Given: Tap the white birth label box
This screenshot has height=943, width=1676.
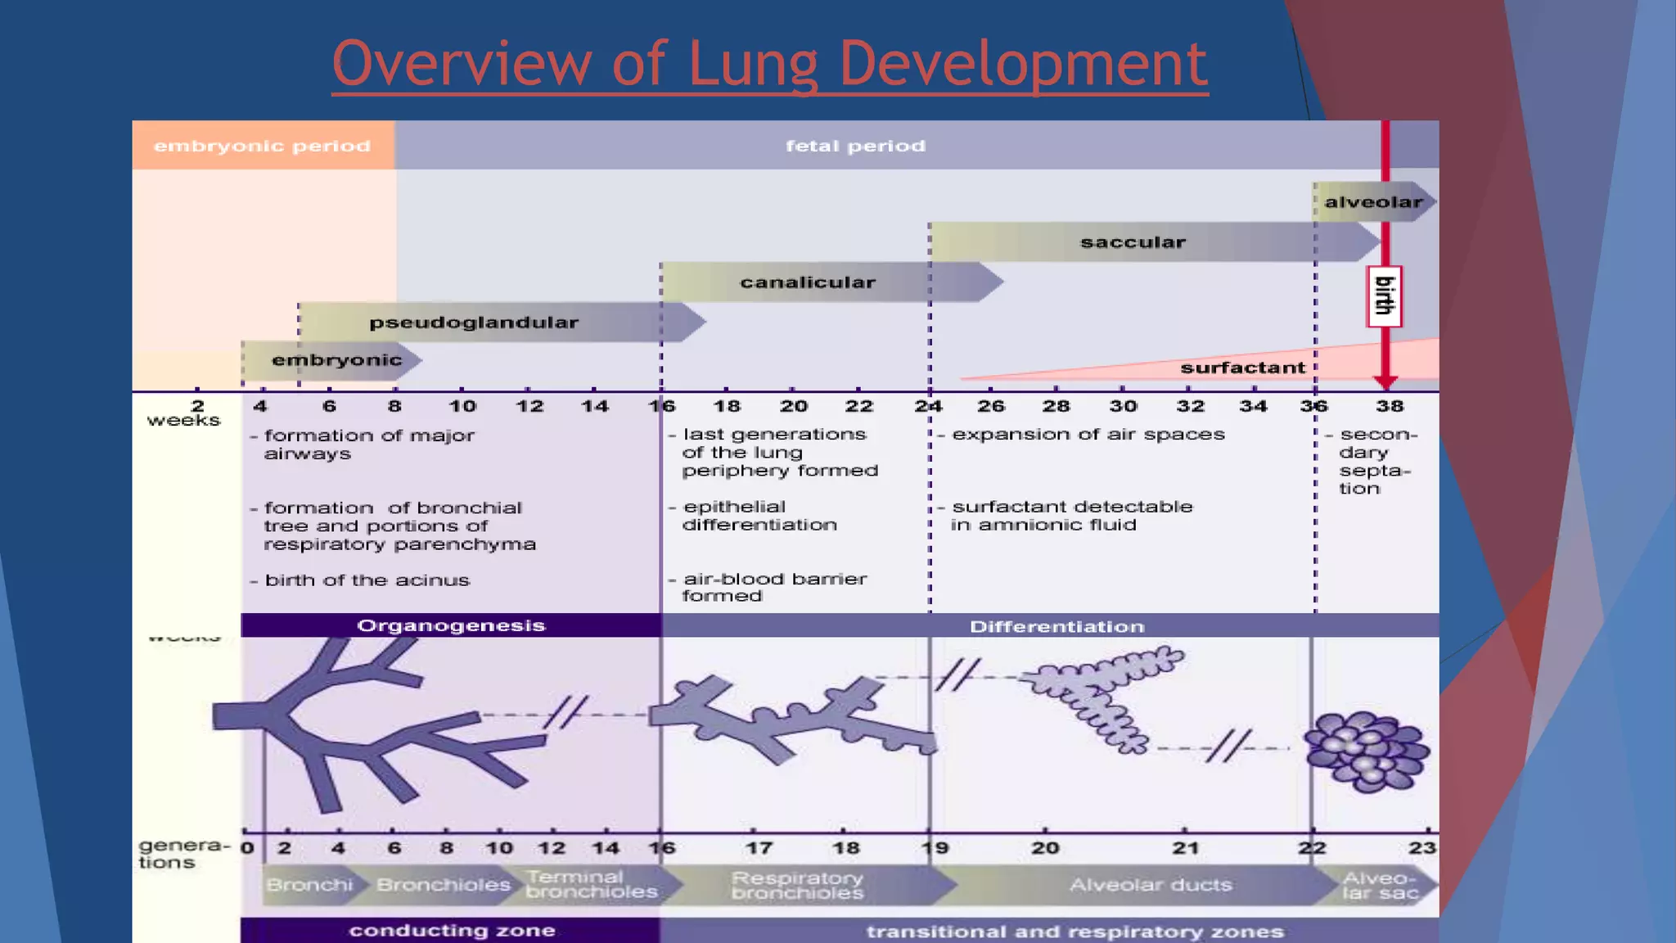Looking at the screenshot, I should (1384, 296).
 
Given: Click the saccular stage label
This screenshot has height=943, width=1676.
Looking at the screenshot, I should (1133, 242).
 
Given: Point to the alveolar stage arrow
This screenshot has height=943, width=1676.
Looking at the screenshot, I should (1373, 202).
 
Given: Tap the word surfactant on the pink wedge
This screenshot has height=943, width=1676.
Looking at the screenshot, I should (1242, 368).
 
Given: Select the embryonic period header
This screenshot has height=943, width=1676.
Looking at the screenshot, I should (263, 146).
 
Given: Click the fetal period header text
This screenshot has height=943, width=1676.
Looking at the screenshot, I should (855, 146).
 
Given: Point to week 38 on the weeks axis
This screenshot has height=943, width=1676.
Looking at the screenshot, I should (1389, 406).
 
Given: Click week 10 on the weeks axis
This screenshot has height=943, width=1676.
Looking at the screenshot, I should (462, 406).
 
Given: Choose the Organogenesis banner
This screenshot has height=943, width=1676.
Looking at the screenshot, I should (451, 625).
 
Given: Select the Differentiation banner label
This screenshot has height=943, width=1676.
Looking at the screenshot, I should (1057, 627).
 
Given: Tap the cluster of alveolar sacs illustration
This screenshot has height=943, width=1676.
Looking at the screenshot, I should (1367, 751).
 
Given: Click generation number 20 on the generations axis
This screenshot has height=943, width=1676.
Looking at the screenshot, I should (1045, 848).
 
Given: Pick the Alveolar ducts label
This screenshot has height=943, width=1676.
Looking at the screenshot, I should (1150, 885).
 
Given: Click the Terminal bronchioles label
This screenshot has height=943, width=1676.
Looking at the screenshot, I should (591, 885).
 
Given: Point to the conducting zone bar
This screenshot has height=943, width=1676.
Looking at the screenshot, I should (451, 931).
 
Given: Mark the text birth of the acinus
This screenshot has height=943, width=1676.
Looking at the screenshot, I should (367, 580).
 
